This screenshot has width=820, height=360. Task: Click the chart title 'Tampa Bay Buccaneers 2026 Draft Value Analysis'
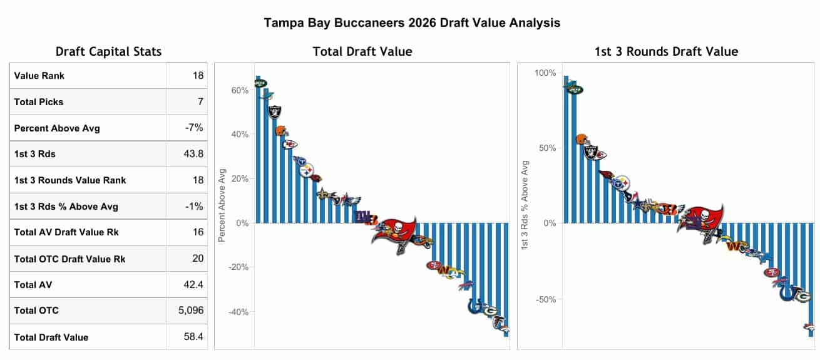[x=411, y=23]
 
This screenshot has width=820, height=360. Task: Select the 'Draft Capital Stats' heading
[x=108, y=51]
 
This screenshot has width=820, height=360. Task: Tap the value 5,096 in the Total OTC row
[x=191, y=310]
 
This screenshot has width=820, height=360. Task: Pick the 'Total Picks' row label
[x=39, y=101]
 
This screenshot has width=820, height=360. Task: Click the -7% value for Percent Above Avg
[x=194, y=128]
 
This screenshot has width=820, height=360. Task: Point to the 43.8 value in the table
[x=193, y=153]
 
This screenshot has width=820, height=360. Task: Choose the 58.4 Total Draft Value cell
[x=193, y=337]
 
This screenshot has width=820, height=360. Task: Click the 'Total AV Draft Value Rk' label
[x=66, y=232]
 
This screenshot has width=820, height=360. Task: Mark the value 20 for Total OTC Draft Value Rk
[x=197, y=258]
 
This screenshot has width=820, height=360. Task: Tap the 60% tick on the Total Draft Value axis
[x=240, y=90]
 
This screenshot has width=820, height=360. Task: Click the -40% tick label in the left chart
[x=238, y=312]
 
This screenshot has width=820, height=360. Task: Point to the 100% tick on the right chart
[x=545, y=73]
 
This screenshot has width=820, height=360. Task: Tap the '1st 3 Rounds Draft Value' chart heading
[x=666, y=51]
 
